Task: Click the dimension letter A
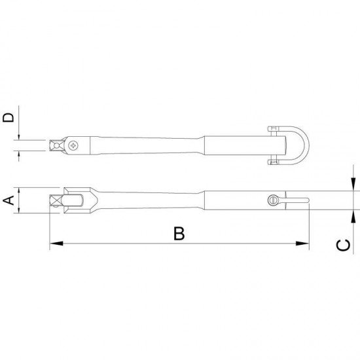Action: pyautogui.click(x=9, y=200)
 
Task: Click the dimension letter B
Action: pyautogui.click(x=179, y=234)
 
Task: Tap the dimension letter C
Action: pyautogui.click(x=343, y=245)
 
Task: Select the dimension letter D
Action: pyautogui.click(x=9, y=117)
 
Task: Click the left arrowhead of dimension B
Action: pyautogui.click(x=56, y=243)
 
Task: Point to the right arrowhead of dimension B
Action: pyautogui.click(x=302, y=243)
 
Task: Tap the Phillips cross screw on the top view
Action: pyautogui.click(x=73, y=145)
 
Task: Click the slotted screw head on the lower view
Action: pyautogui.click(x=273, y=200)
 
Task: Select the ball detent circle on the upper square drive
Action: pyautogui.click(x=56, y=145)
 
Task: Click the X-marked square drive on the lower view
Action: pyautogui.click(x=56, y=200)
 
